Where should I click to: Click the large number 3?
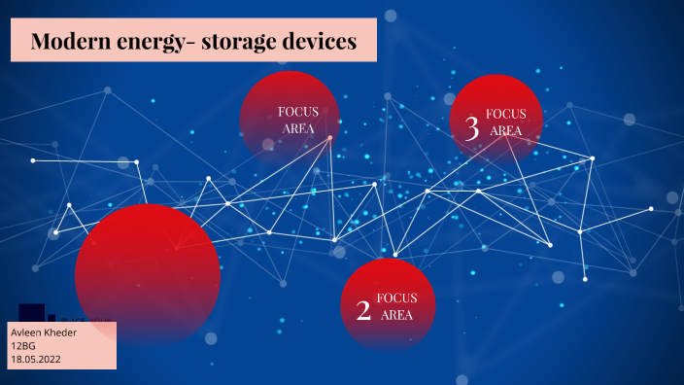tap(472, 127)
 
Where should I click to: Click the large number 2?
tap(363, 310)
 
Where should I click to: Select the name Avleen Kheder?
tap(43, 332)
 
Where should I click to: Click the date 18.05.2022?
tap(36, 360)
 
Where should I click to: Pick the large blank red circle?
tap(148, 273)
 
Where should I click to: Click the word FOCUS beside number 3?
tap(505, 114)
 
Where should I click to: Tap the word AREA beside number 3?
tap(505, 130)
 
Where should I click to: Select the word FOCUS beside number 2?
tap(396, 297)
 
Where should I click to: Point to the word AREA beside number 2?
tap(396, 314)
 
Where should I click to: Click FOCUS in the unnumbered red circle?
tap(297, 112)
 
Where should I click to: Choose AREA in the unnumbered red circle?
tap(297, 128)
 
